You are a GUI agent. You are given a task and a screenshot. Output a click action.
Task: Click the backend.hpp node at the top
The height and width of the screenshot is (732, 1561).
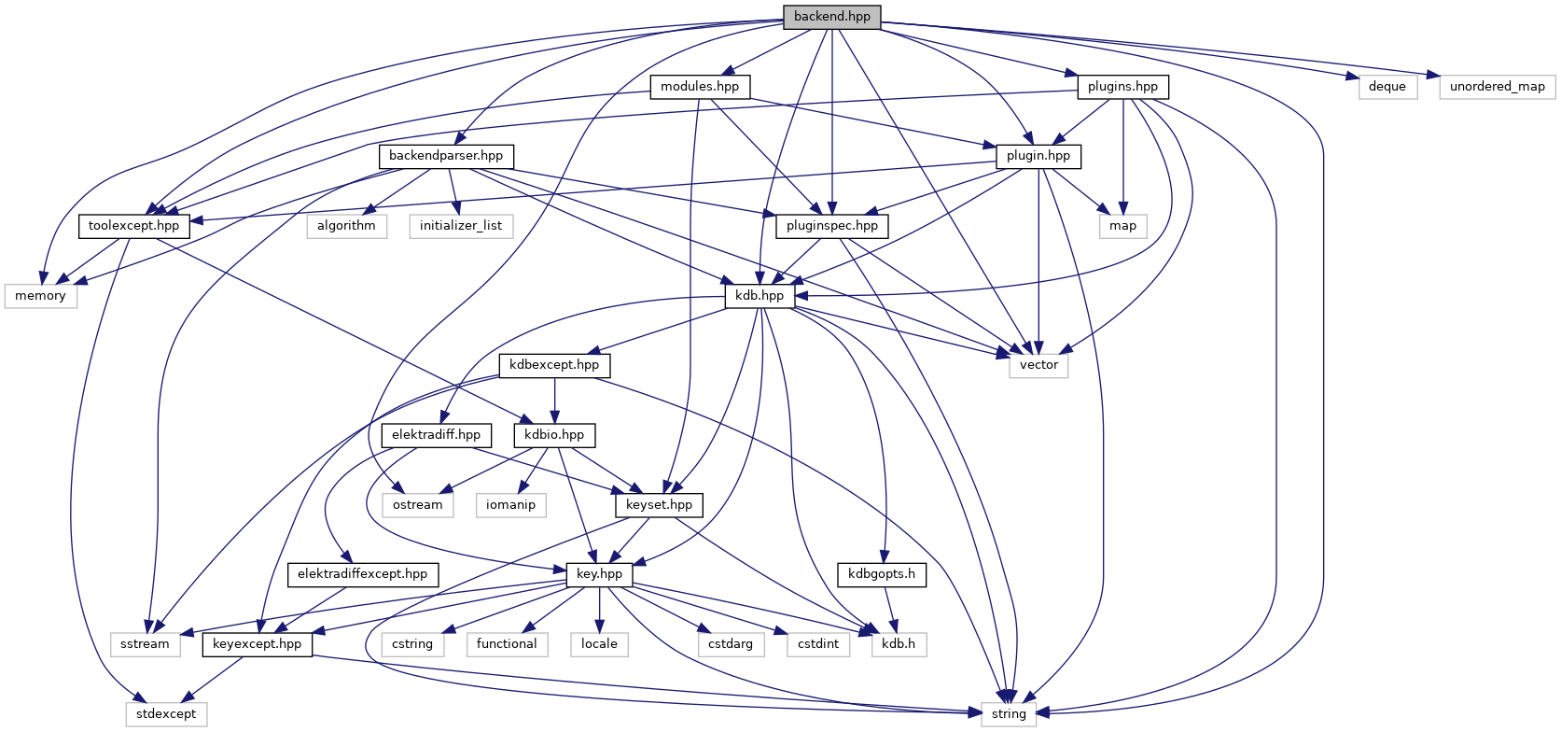point(831,17)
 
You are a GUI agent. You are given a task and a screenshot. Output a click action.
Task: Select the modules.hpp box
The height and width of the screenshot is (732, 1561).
point(700,87)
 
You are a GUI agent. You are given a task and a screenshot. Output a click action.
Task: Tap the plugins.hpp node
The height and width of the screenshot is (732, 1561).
point(1122,87)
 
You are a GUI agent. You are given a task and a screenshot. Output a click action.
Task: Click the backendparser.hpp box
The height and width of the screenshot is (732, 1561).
point(446,156)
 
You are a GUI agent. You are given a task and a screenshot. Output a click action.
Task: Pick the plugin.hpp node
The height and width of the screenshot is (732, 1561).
point(1038,156)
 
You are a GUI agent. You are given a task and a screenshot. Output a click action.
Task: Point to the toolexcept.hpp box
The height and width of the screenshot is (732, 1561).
point(133,226)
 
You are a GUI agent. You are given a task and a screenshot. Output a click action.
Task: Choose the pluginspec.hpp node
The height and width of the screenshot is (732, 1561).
point(832,226)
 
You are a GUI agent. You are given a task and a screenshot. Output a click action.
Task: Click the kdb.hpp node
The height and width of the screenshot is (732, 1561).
point(760,296)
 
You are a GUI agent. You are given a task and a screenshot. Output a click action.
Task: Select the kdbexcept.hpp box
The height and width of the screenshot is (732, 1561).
point(554,365)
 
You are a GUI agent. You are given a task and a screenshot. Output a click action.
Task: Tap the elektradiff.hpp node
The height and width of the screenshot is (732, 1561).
point(436,435)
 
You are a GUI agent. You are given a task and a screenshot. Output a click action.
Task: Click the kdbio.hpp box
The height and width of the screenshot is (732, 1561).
point(554,435)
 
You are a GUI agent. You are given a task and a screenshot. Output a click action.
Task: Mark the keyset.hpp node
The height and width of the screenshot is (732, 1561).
point(659,505)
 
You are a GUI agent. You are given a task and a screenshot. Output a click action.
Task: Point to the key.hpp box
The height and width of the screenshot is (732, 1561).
point(599,574)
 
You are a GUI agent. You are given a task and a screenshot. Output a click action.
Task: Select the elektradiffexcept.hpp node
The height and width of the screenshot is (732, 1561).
point(362,574)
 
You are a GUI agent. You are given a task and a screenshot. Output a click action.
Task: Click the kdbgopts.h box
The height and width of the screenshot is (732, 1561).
point(882,574)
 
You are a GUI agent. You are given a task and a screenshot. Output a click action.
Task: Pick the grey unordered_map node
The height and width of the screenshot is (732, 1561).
point(1497,87)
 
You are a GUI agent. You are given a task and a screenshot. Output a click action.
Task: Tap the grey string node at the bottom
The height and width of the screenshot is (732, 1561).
point(1009,714)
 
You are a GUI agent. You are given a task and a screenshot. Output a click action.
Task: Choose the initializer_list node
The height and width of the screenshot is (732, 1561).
point(461,226)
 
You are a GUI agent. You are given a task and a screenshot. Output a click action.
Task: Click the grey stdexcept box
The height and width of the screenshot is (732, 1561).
point(166,714)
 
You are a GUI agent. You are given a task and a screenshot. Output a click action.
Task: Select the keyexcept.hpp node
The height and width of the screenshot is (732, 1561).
point(257,644)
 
